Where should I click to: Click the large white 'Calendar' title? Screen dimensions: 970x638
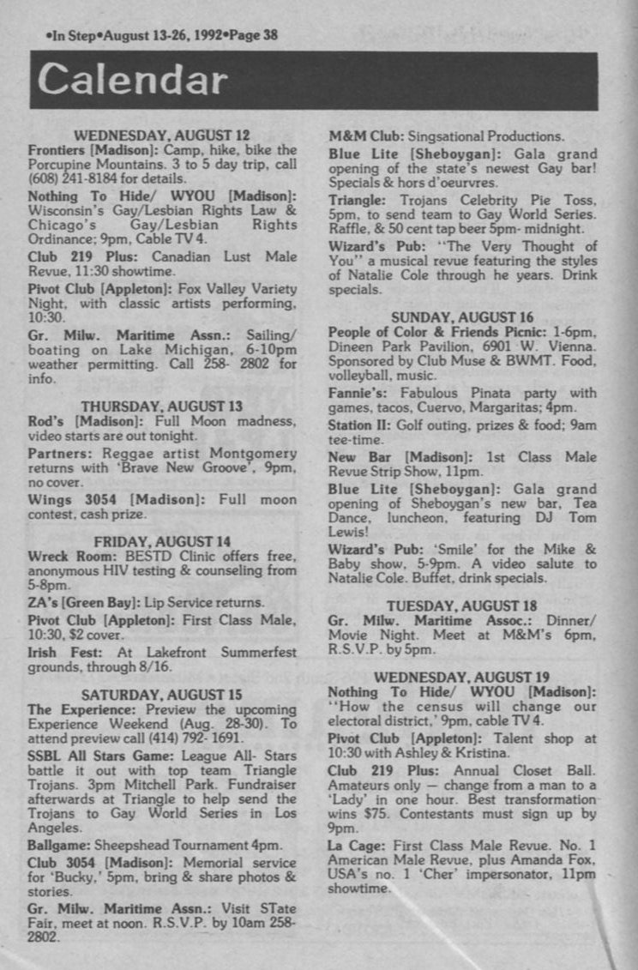click(132, 80)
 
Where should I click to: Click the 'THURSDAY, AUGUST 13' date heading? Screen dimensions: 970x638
click(162, 406)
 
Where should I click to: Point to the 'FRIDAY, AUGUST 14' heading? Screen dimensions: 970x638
click(162, 541)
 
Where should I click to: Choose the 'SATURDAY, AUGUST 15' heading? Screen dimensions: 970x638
click(162, 695)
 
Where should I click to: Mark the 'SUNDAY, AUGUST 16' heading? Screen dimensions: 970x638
click(463, 317)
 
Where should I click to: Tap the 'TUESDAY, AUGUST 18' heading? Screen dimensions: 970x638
click(463, 605)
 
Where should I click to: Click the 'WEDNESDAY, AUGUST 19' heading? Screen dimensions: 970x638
click(463, 677)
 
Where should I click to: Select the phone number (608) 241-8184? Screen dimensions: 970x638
click(70, 179)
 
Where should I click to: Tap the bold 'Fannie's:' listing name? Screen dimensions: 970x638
click(360, 393)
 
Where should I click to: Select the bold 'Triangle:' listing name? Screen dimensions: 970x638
click(358, 198)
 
